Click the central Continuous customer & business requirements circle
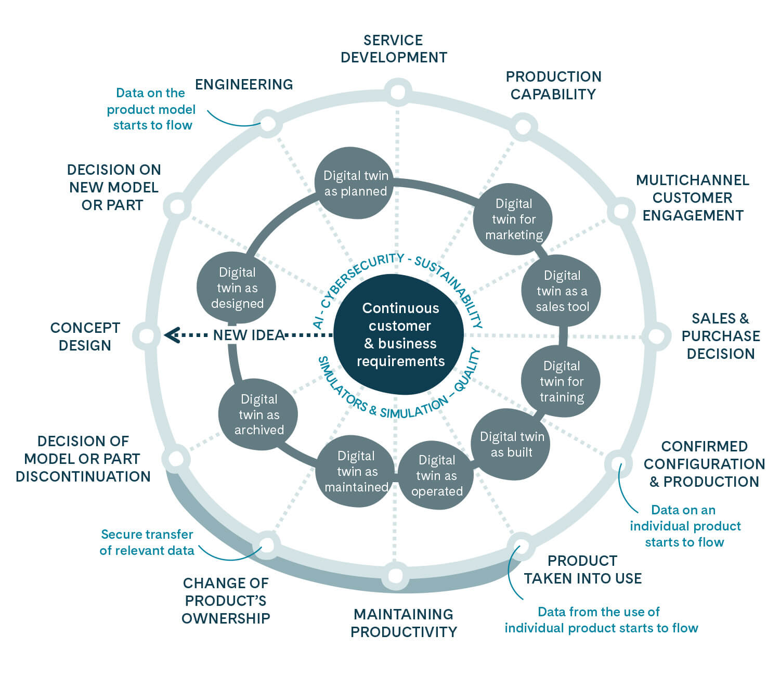[399, 334]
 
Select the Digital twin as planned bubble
[355, 183]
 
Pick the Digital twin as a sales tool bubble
[562, 291]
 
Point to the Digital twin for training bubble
[561, 382]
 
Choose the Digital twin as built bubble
[512, 444]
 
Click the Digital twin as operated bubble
[436, 475]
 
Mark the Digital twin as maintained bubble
[356, 471]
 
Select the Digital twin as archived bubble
[258, 414]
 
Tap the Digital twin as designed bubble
[237, 288]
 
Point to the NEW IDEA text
[249, 335]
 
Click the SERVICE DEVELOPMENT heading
[394, 49]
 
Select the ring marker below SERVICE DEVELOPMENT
[397, 93]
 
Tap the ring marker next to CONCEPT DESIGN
[146, 335]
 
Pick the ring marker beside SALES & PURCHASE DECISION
[656, 336]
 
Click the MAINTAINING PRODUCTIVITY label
[404, 623]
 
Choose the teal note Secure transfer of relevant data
[147, 542]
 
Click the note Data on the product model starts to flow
[151, 109]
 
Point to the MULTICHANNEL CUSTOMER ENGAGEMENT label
[693, 198]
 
